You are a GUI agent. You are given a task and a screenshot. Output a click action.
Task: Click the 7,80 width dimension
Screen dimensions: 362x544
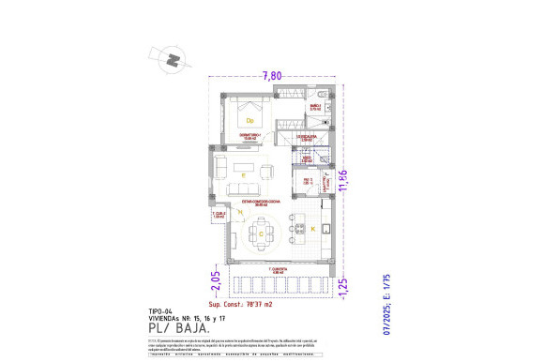tap(273, 75)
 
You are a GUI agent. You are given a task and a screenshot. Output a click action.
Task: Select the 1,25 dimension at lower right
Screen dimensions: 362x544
tap(344, 284)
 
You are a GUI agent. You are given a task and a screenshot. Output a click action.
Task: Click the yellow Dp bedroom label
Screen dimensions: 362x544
tap(250, 121)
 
